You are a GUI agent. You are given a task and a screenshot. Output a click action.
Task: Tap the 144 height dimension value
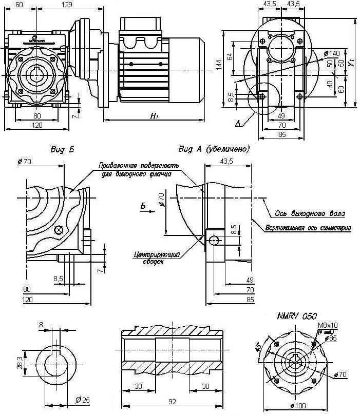coord(218,64)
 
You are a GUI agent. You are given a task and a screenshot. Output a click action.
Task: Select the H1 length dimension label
coord(154,117)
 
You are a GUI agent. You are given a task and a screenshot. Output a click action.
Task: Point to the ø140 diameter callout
coord(332,53)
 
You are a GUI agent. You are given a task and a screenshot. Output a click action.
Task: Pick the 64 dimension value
coord(230,55)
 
